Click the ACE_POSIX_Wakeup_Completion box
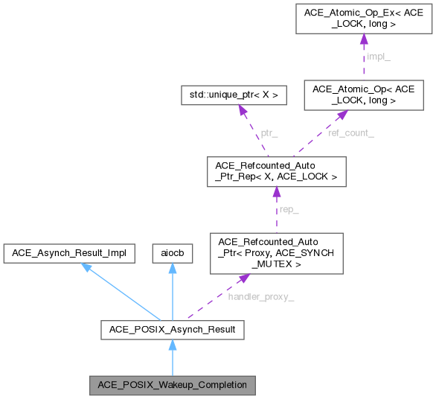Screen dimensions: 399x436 pyautogui.click(x=172, y=386)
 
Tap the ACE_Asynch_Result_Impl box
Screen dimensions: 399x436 pyautogui.click(x=69, y=253)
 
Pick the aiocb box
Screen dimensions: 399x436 pyautogui.click(x=172, y=253)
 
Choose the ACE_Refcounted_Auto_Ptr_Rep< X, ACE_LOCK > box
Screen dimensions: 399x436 pyautogui.click(x=276, y=173)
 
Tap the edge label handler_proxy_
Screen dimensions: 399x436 pyautogui.click(x=261, y=297)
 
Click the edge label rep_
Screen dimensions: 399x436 pyautogui.click(x=288, y=211)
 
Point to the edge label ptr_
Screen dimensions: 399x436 pyautogui.click(x=269, y=133)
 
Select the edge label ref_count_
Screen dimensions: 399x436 pyautogui.click(x=350, y=133)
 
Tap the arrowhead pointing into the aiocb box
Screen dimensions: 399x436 pyautogui.click(x=172, y=269)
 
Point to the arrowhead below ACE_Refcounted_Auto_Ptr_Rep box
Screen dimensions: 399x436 pyautogui.click(x=276, y=194)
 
